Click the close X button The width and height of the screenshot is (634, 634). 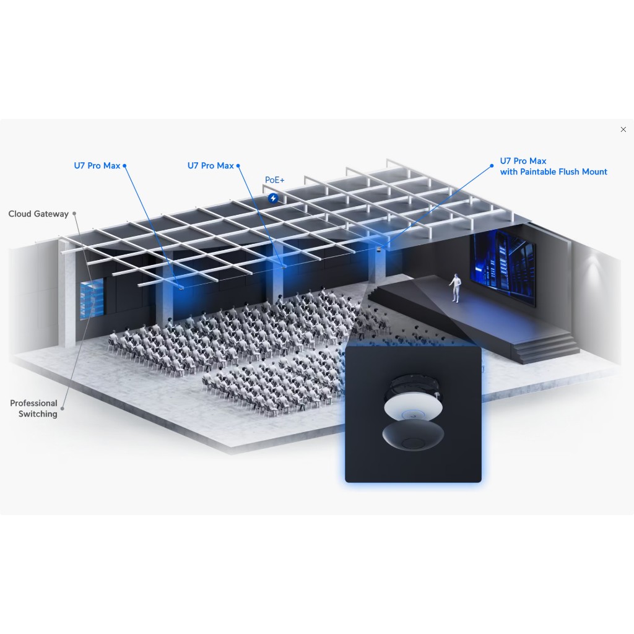(623, 129)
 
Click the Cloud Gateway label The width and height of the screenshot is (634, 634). (38, 214)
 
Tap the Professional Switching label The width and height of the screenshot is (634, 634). (34, 409)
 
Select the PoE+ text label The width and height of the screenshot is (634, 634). (274, 180)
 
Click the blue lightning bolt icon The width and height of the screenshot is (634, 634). (273, 198)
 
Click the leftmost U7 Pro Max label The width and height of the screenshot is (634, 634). (97, 166)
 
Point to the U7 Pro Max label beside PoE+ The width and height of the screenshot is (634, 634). (211, 166)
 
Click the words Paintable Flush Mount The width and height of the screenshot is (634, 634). (563, 172)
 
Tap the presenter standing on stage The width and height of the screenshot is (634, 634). (455, 287)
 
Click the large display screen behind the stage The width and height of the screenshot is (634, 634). (503, 266)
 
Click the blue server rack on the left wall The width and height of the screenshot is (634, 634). (92, 298)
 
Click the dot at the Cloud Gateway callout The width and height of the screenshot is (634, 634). (74, 214)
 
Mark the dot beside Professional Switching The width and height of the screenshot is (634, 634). (63, 409)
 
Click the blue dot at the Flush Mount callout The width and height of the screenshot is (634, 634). (492, 166)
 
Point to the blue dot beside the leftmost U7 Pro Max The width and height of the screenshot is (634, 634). (124, 166)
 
